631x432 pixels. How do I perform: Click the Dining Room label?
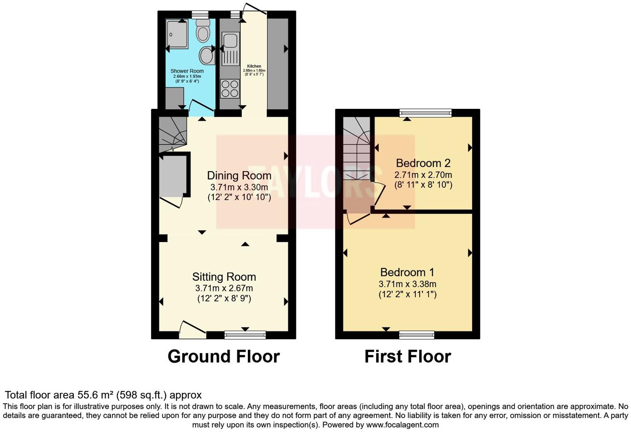tap(239, 176)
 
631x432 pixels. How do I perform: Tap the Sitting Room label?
tap(224, 277)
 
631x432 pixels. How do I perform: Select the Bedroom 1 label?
tap(407, 272)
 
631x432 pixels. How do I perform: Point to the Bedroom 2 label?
tap(423, 163)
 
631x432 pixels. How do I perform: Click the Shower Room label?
tap(187, 71)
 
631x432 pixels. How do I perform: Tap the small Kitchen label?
tap(254, 66)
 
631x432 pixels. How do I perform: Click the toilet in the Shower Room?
tap(203, 31)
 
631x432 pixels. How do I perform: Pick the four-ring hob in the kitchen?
tap(230, 88)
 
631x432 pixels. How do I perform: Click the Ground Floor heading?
tap(223, 356)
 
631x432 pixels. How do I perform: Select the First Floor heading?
tap(407, 356)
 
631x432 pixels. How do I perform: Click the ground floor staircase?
tap(172, 133)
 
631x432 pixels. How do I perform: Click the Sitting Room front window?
tap(245, 335)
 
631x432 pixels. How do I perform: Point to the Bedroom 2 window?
tap(425, 113)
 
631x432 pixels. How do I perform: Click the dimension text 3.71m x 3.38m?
tap(407, 284)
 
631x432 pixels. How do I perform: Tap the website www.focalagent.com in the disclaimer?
tap(402, 425)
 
